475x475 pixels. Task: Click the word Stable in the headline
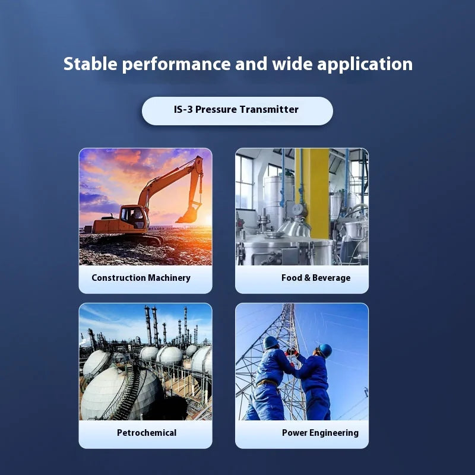point(90,64)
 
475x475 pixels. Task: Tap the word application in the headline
point(365,65)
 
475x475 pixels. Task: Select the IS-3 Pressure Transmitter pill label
point(236,110)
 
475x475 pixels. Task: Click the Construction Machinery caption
point(141,278)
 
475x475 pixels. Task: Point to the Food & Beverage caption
point(316,278)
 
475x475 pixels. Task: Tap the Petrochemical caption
point(147,433)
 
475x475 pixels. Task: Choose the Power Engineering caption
point(320,433)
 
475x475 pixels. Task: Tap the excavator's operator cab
point(132,217)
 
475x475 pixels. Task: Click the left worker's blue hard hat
point(271,343)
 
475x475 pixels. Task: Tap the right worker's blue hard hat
point(325,350)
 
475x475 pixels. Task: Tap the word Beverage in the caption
point(331,278)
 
